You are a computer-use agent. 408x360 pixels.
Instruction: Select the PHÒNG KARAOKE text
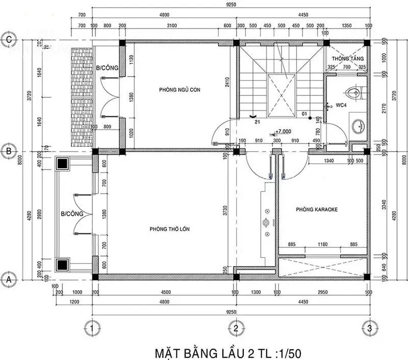pos(317,210)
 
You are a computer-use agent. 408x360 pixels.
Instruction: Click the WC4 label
pos(341,105)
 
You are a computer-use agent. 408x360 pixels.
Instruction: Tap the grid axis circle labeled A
pos(8,279)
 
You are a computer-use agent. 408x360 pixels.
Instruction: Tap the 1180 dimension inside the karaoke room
pos(323,244)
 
